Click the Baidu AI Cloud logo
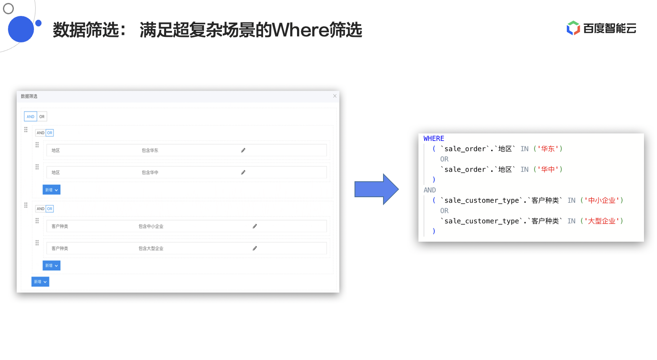[x=601, y=28]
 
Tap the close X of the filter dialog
[x=335, y=96]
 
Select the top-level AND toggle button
[x=31, y=117]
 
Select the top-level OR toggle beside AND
[x=42, y=117]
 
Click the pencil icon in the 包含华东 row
[x=243, y=150]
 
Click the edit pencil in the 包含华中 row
[x=243, y=172]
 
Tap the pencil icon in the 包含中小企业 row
[x=255, y=226]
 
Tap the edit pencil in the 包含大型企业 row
[x=255, y=248]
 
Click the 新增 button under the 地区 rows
[x=51, y=190]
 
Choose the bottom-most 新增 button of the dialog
[x=40, y=282]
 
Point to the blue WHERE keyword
[x=434, y=138]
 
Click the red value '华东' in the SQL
[x=548, y=149]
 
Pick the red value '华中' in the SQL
[x=548, y=170]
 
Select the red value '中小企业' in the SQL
[x=602, y=201]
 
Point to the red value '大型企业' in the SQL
[x=602, y=221]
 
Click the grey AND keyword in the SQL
[x=430, y=190]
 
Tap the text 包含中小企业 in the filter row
[x=151, y=227]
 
